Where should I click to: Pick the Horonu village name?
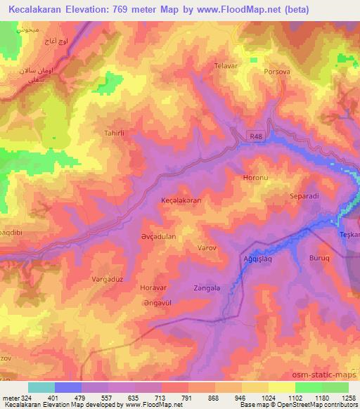click(x=255, y=178)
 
